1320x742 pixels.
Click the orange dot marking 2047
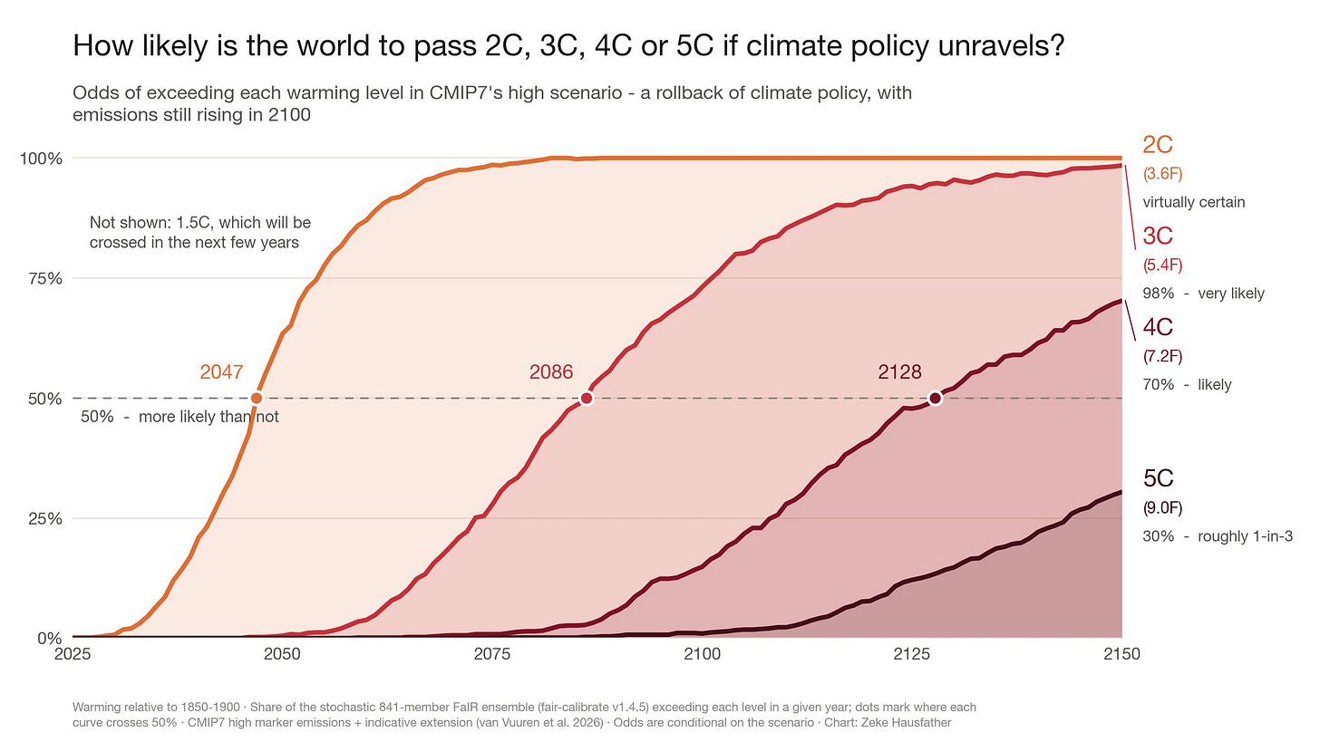pos(257,399)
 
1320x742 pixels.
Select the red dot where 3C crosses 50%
pos(587,399)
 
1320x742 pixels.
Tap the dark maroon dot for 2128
pos(936,399)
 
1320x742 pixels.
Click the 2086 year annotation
pos(551,372)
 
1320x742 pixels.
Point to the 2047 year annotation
pos(221,372)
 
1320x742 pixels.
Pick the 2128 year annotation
pos(900,372)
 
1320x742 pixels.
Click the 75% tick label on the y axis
pos(45,278)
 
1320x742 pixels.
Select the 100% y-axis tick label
pos(42,159)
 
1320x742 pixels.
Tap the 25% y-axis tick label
pos(45,519)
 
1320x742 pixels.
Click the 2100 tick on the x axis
pos(702,654)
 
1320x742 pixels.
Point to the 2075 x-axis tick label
pos(492,654)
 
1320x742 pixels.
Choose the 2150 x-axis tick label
pos(1121,654)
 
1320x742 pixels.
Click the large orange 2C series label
pos(1158,145)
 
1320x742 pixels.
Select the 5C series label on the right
pos(1159,478)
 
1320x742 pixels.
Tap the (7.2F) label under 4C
pos(1162,356)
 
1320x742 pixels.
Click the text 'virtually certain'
pos(1194,203)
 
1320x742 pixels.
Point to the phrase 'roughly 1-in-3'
pos(1245,536)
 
